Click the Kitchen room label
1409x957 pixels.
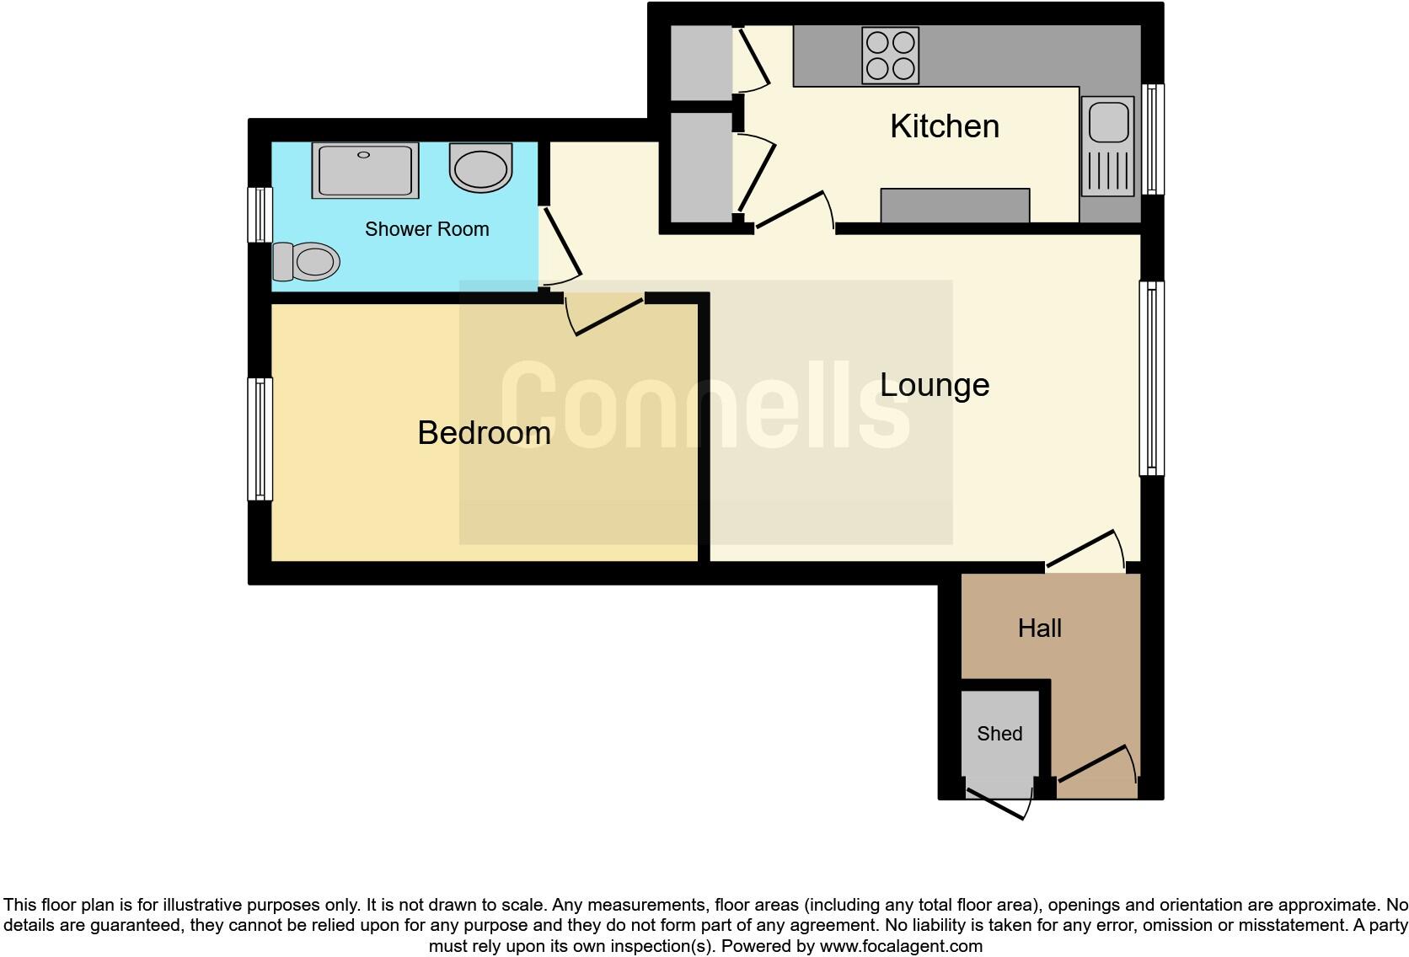945,126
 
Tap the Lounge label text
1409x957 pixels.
935,385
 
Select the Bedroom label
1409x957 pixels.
484,433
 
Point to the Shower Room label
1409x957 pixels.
426,229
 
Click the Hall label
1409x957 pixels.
1039,628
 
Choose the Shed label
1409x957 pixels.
999,734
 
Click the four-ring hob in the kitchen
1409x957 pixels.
890,56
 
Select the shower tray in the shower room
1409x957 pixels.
365,170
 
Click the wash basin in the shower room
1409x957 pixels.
480,167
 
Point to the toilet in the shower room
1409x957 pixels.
307,261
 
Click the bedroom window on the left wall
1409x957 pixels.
260,439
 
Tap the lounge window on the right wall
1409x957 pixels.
1152,378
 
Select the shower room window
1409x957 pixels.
260,215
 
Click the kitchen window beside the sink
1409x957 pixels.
1153,139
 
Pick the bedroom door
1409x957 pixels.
607,316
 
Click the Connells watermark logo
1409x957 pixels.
705,405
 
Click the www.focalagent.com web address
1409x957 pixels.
901,946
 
